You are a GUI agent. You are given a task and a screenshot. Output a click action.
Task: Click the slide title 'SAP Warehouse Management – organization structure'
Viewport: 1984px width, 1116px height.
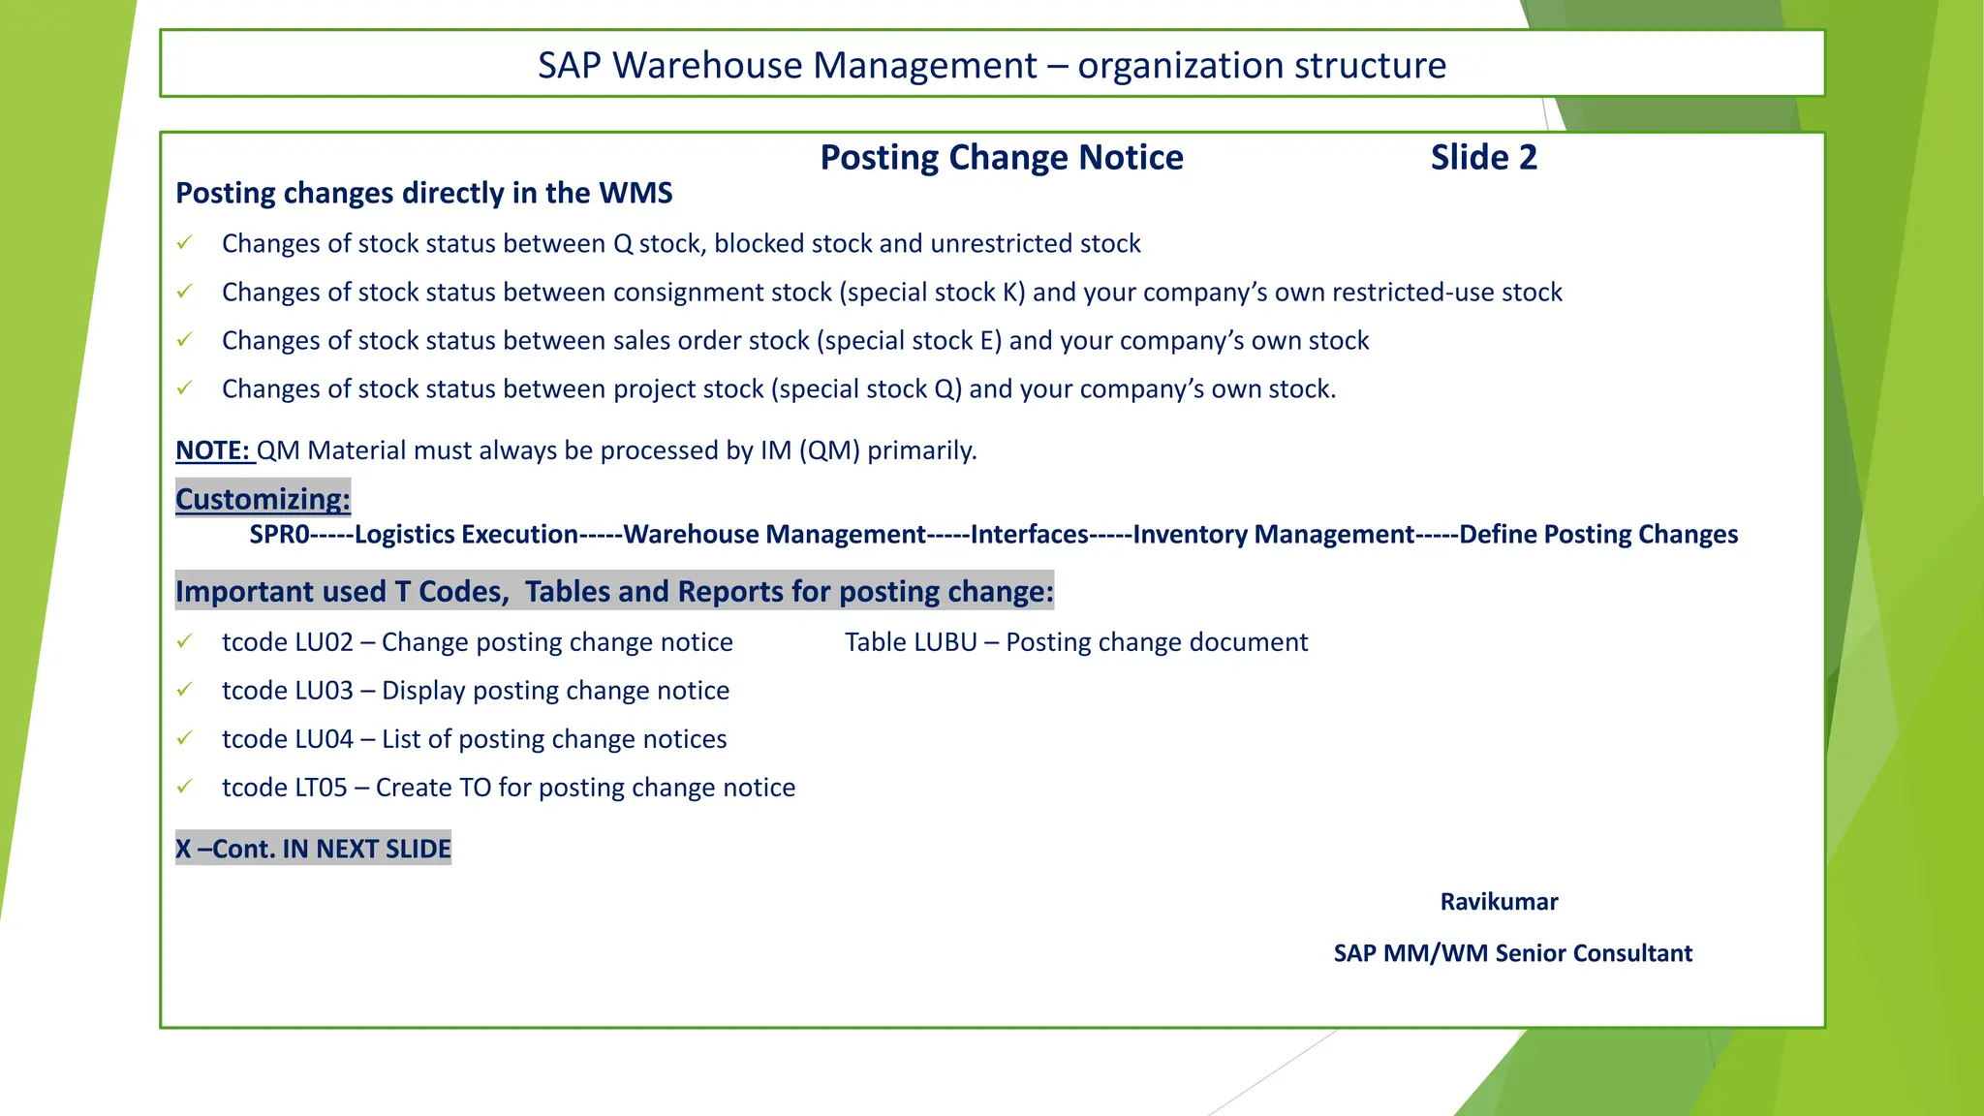coord(991,65)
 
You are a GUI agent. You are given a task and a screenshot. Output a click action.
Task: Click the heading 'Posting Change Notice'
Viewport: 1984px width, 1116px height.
coord(1001,157)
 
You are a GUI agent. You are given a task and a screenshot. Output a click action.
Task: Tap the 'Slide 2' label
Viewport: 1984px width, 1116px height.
coord(1483,157)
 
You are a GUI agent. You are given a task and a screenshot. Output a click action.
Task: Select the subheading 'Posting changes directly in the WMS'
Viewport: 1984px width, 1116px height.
coord(423,193)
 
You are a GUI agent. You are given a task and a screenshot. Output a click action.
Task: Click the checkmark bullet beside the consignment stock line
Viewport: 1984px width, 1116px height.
coord(184,292)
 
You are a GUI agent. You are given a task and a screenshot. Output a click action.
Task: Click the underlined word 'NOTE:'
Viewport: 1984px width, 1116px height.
coord(213,450)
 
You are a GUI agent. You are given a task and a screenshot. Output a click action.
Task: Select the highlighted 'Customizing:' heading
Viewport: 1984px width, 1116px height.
coord(263,499)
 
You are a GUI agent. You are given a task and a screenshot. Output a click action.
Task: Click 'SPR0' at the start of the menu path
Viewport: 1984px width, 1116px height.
coord(279,534)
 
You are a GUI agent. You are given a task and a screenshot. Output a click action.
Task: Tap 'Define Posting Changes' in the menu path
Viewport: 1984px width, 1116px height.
coord(1598,534)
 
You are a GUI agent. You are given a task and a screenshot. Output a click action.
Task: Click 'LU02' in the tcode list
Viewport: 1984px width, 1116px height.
coord(324,642)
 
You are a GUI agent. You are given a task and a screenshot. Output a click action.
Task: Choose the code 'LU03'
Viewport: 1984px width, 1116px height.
coord(324,691)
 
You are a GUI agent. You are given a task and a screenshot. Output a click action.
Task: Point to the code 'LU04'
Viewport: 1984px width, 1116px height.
coord(324,739)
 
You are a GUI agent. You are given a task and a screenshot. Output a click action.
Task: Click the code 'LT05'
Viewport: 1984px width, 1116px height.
coord(321,788)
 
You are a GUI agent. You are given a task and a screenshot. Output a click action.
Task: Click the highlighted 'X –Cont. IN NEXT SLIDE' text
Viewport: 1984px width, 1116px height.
coord(313,849)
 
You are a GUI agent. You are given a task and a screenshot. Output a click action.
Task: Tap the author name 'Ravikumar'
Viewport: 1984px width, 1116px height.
coord(1499,902)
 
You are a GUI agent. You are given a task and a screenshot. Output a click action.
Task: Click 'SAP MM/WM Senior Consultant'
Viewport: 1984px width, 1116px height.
coord(1512,953)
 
